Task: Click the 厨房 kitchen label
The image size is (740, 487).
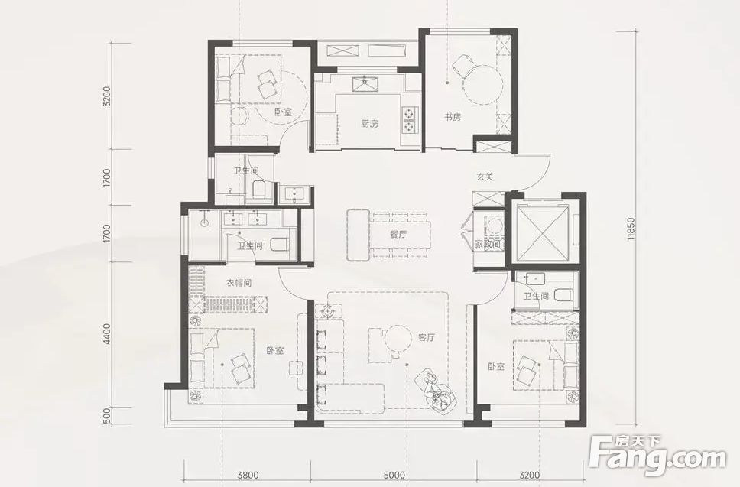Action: tap(369, 124)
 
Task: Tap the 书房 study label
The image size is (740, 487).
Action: tap(452, 116)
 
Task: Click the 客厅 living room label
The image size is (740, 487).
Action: tap(427, 337)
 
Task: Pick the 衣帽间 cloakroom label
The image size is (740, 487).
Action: tap(239, 283)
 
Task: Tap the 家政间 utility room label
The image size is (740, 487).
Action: tap(487, 245)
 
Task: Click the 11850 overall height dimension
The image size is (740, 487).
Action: tap(631, 229)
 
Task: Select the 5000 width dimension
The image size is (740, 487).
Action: tap(394, 476)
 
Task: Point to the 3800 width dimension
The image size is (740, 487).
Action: tap(247, 476)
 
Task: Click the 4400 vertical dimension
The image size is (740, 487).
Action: tap(107, 334)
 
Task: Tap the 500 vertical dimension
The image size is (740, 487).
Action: tap(107, 416)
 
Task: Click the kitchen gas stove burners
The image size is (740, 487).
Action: tap(408, 119)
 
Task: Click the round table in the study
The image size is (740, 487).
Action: tap(482, 84)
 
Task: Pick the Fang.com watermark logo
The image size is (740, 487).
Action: tap(658, 453)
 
